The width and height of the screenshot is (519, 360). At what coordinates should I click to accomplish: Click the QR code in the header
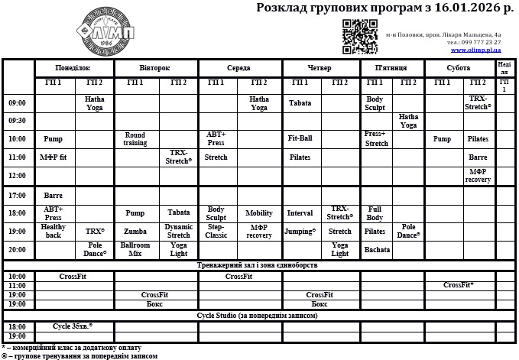(359, 36)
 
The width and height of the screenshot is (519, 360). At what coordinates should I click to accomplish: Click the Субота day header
(458, 67)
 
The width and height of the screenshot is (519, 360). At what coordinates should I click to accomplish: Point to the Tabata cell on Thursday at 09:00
(300, 103)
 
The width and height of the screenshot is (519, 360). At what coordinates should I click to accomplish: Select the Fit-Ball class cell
(300, 139)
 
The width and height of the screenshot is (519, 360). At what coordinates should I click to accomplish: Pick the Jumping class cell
(300, 231)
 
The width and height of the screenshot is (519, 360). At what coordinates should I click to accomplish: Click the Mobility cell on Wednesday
(259, 213)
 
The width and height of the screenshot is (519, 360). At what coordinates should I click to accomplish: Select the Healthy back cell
(54, 231)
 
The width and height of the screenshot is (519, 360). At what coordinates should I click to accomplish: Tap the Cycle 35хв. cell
(73, 326)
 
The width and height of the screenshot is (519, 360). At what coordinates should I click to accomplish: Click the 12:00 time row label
(17, 175)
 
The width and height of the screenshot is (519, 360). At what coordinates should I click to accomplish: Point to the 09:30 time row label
(17, 121)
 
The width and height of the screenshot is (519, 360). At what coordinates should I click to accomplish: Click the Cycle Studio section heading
(257, 315)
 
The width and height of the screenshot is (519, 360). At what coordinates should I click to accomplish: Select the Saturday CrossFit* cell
(459, 285)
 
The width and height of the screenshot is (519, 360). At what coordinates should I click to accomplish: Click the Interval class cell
(300, 213)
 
